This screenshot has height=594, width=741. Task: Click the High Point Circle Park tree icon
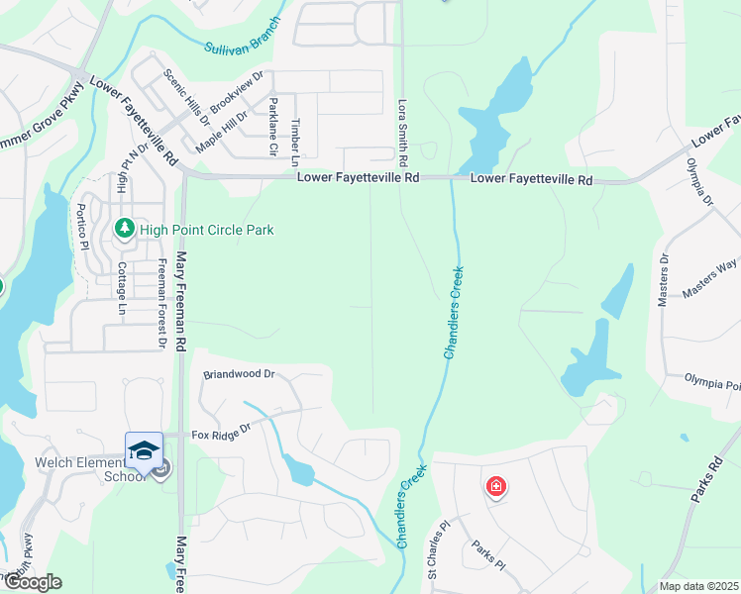coord(125,230)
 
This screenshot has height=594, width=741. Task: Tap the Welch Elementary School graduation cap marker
coord(145,449)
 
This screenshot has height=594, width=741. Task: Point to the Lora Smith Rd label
coord(403,131)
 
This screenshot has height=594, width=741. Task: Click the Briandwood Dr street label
coord(238,375)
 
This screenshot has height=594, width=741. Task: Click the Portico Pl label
coord(83,227)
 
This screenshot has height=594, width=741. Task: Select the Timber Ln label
coord(294,142)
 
